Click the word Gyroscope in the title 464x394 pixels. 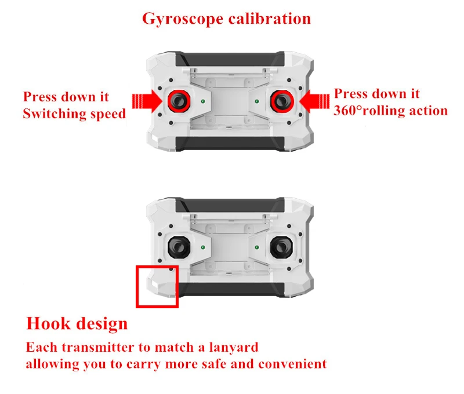pos(182,19)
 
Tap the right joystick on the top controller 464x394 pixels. pos(280,101)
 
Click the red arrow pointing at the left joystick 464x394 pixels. pos(144,101)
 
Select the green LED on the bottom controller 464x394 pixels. pos(202,248)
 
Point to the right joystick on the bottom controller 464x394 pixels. pos(280,247)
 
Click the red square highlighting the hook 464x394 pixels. pos(157,286)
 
